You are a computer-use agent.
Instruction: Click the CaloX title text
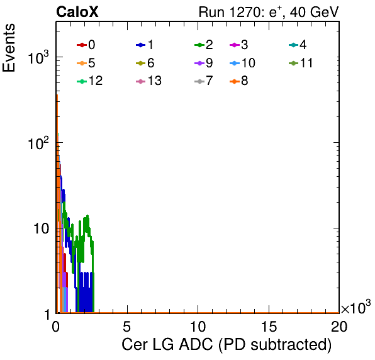coord(77,11)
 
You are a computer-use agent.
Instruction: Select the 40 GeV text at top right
coord(315,12)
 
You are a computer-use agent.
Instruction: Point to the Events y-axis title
coord(9,48)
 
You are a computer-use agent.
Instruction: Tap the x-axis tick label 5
coord(126,326)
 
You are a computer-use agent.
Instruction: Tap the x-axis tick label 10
coord(198,326)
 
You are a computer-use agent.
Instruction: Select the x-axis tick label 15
coord(269,326)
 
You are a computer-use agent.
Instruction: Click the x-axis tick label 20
coord(339,326)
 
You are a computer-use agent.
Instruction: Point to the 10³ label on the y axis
coord(38,57)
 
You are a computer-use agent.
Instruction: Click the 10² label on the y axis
coord(38,143)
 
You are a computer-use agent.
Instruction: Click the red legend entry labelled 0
coord(86,45)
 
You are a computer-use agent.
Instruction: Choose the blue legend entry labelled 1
coord(145,45)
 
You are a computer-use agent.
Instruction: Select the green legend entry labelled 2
coord(204,45)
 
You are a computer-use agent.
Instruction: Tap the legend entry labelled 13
coord(148,81)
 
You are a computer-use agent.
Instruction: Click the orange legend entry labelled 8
coord(239,81)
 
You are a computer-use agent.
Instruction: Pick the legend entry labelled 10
coord(242,63)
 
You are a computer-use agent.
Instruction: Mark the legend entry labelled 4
coord(298,45)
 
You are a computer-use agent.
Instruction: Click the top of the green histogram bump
coord(87,215)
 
